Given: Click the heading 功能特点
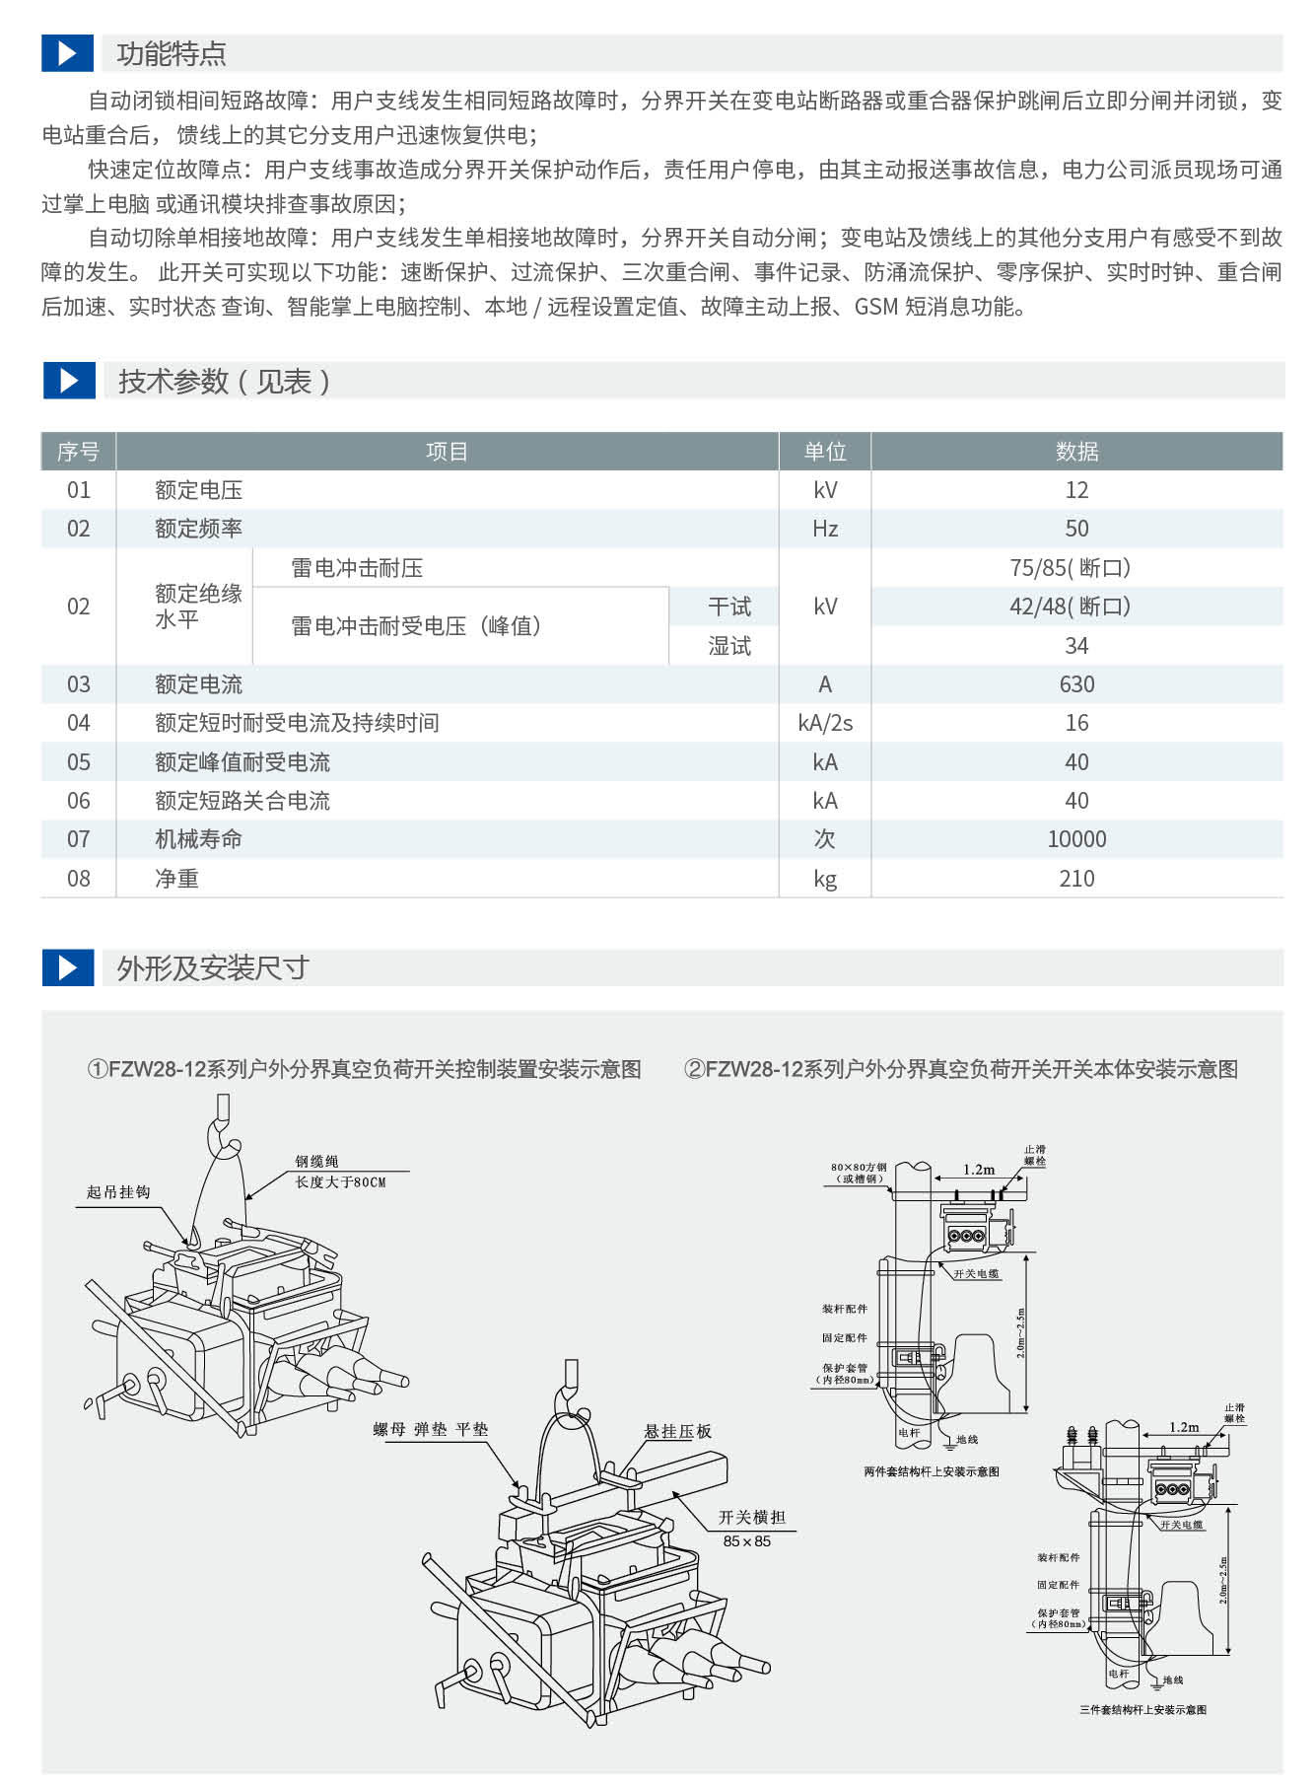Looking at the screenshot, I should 171,53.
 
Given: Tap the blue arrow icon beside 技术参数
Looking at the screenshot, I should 68,381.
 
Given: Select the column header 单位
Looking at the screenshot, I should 824,452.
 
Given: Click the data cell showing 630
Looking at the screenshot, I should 1075,684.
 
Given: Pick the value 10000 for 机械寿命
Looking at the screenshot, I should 1075,839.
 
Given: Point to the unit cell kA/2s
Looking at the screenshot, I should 824,723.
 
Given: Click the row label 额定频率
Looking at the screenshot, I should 198,529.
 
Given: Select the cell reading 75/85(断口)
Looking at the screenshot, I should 1070,568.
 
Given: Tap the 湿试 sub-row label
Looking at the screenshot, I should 728,646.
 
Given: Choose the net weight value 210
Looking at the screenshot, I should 1075,879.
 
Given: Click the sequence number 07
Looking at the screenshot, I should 78,839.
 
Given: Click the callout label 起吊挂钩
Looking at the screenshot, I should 118,1192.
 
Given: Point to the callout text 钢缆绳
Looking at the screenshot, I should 316,1162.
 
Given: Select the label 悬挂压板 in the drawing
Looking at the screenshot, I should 677,1431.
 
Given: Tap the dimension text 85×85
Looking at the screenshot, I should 746,1541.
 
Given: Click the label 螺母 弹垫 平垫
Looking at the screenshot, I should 431,1429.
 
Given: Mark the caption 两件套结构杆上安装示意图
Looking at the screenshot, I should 931,1471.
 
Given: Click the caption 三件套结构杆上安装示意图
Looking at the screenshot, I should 1142,1710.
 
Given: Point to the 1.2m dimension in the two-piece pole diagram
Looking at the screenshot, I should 979,1170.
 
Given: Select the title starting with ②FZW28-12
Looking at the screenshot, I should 960,1069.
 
